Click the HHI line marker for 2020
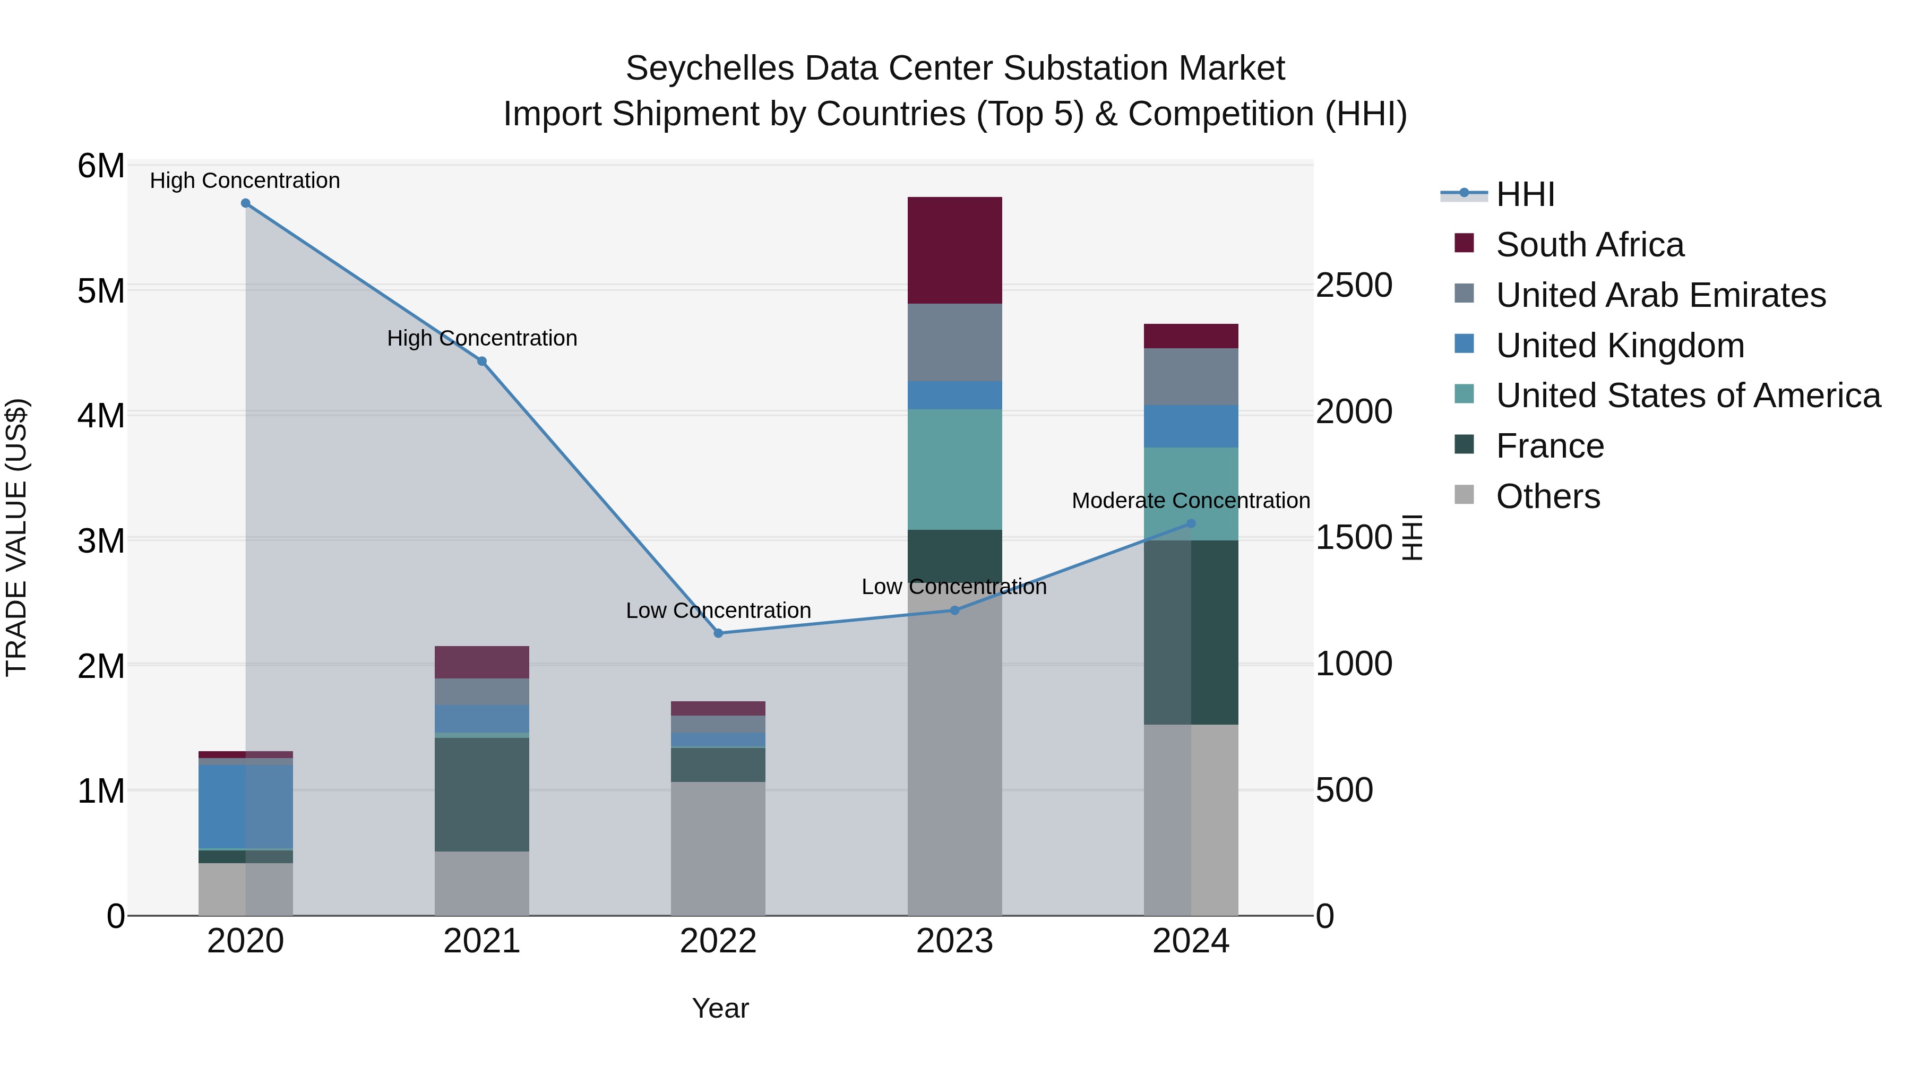coord(246,203)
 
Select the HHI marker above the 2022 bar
coord(718,633)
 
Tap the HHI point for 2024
coord(1191,523)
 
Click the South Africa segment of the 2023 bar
coord(955,250)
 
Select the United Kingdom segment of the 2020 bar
coord(246,806)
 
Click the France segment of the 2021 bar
coord(481,794)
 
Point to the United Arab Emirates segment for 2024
coord(1191,377)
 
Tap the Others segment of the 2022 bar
coord(718,848)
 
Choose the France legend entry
coord(1549,446)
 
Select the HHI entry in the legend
coord(1525,194)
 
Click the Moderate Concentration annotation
coord(1191,501)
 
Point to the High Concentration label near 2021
coord(482,338)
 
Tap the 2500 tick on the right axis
coord(1354,286)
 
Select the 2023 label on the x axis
coord(955,941)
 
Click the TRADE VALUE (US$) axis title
coord(16,537)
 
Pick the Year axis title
coord(720,1008)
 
